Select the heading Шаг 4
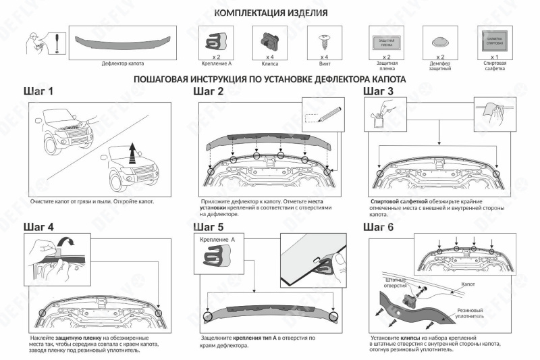(39, 226)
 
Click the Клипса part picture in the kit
(268, 40)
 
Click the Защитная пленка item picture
(383, 41)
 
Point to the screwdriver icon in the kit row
(57, 43)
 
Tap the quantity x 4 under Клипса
(269, 57)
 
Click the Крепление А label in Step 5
(218, 240)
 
